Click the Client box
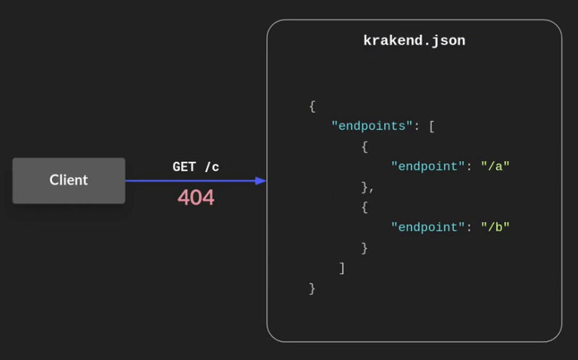click(69, 180)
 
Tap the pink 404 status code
click(196, 197)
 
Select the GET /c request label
click(195, 167)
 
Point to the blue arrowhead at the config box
click(261, 181)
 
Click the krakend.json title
click(414, 41)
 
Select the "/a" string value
click(496, 166)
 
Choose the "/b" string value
click(496, 227)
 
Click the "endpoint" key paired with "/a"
click(428, 166)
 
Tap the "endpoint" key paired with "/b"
click(428, 227)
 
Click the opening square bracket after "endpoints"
click(432, 127)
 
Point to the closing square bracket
click(342, 268)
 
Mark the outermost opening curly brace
click(313, 106)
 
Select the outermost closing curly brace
click(313, 288)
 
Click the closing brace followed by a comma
click(365, 187)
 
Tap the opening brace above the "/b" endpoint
click(365, 207)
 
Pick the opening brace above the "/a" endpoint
click(365, 147)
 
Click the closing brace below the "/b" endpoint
click(365, 248)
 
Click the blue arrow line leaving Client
click(188, 181)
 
